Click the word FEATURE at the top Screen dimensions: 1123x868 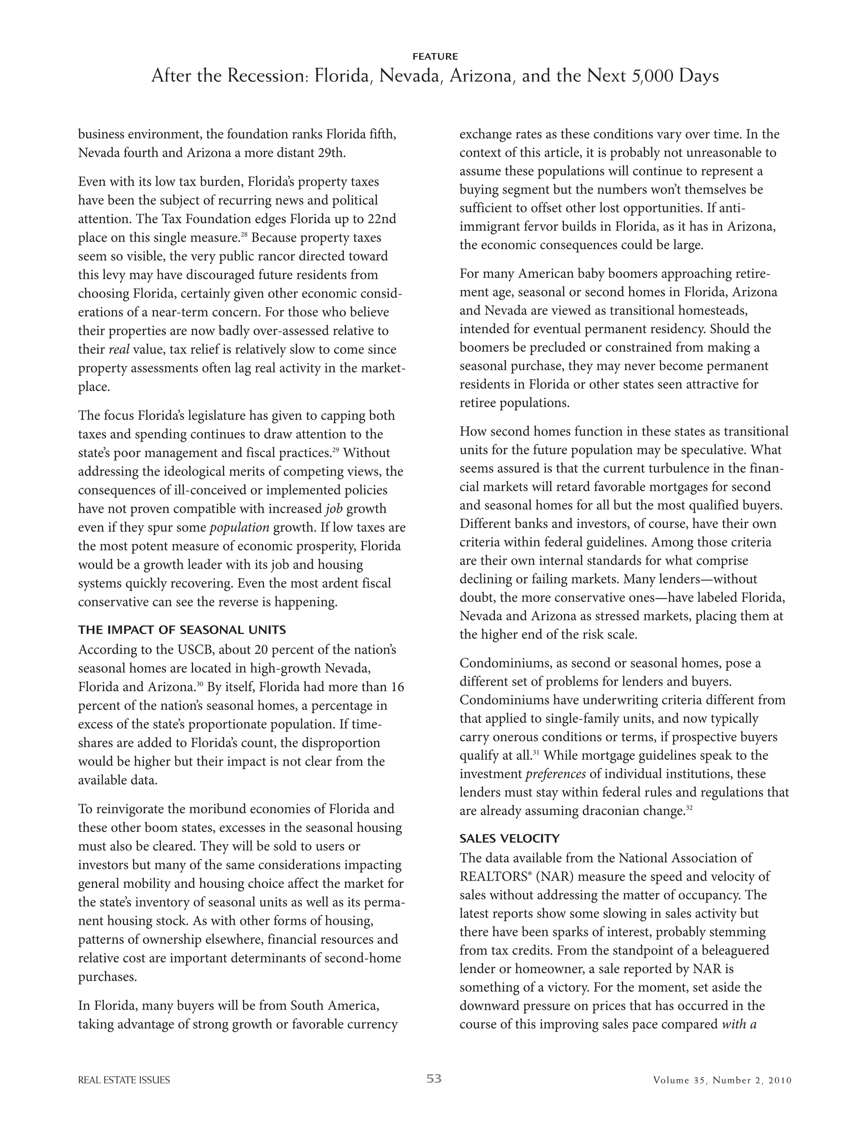434,56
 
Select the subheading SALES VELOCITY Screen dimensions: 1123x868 509,839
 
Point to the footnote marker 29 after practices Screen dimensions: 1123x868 335,450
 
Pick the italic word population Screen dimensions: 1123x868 239,528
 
